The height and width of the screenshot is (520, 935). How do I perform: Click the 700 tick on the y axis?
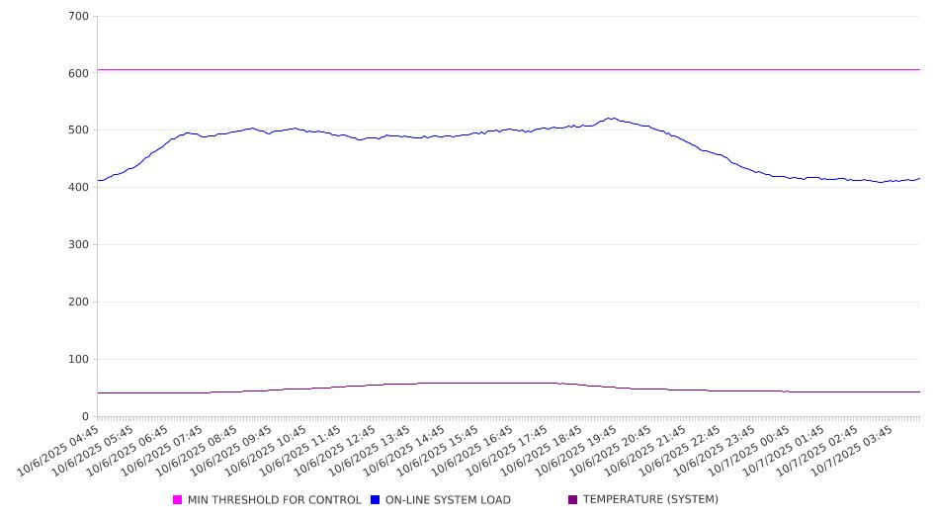point(78,17)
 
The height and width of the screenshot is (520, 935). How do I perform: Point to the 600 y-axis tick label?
point(78,73)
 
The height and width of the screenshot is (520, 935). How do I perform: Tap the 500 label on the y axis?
point(78,130)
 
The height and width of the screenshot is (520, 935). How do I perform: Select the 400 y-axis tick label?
point(78,188)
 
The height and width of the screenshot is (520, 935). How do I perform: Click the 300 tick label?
point(78,245)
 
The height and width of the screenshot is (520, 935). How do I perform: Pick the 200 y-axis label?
point(78,303)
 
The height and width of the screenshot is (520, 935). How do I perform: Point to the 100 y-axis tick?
point(78,360)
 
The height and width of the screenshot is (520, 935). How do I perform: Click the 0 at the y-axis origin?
point(86,417)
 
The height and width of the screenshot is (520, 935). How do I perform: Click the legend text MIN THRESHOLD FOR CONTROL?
point(274,500)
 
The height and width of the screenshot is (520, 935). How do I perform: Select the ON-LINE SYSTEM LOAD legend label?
point(448,500)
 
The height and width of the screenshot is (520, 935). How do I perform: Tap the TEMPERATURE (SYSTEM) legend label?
point(650,500)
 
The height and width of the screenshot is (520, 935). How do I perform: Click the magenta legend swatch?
point(178,500)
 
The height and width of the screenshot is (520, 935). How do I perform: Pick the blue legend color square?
point(376,500)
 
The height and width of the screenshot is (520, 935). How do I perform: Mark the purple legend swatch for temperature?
point(573,500)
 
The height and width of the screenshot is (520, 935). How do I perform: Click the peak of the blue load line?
point(611,119)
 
